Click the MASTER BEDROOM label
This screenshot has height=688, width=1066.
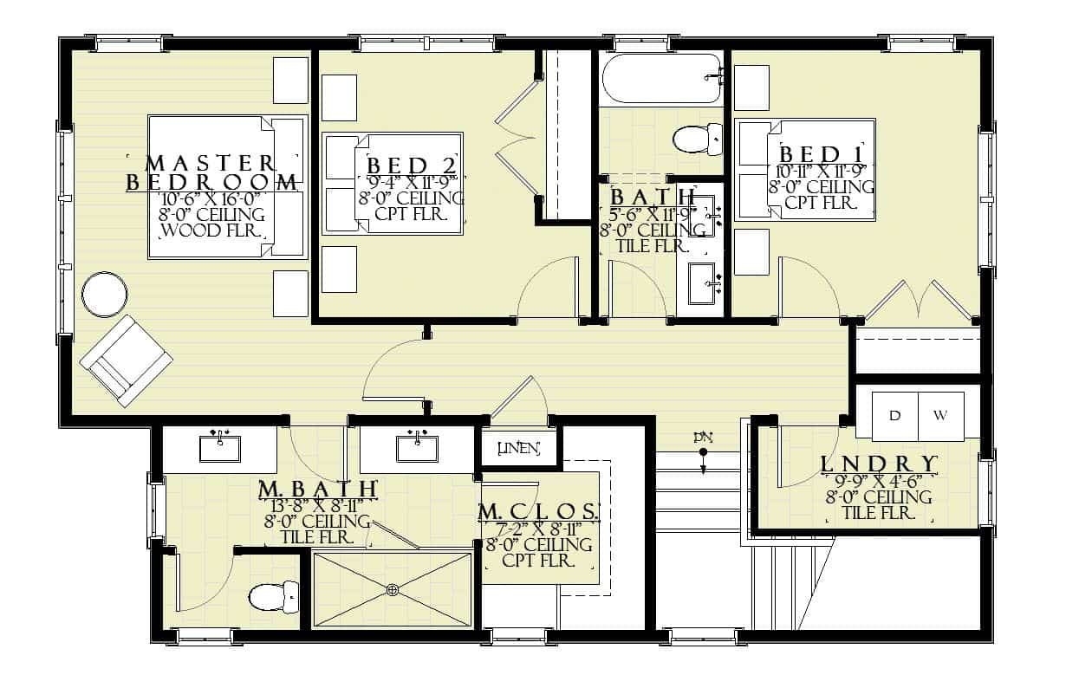pyautogui.click(x=213, y=172)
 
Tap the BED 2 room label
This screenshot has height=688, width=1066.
pyautogui.click(x=410, y=166)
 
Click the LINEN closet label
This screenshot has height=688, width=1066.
pyautogui.click(x=520, y=448)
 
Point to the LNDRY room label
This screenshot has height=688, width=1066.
pyautogui.click(x=879, y=464)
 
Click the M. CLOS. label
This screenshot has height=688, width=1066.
pyautogui.click(x=538, y=512)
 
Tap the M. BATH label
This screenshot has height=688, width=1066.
pyautogui.click(x=318, y=490)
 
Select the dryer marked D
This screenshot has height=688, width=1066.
pyautogui.click(x=894, y=415)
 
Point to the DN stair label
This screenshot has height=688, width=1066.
pyautogui.click(x=702, y=437)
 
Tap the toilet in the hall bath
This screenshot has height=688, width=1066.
pyautogui.click(x=698, y=139)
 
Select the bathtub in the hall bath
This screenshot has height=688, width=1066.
pyautogui.click(x=660, y=79)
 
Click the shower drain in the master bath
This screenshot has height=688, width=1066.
pyautogui.click(x=393, y=590)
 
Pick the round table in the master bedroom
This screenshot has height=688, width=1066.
pyautogui.click(x=105, y=295)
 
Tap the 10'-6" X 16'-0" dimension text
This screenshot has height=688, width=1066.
pyautogui.click(x=213, y=198)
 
